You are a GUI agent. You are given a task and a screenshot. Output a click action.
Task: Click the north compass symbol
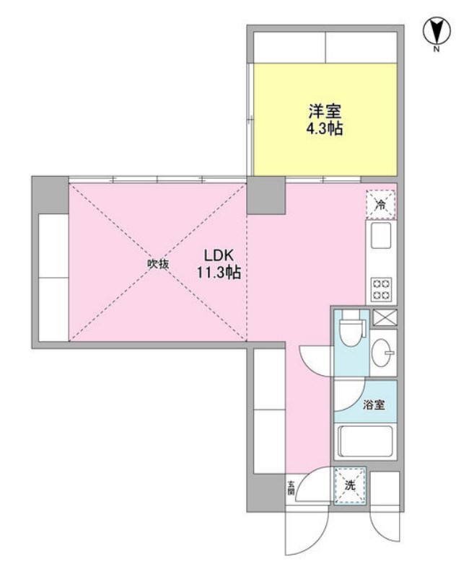(436, 30)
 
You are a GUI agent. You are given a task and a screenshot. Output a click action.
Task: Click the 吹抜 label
(158, 264)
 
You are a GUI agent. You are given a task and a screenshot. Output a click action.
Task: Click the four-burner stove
(380, 289)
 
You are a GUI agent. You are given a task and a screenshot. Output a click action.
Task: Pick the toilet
(351, 332)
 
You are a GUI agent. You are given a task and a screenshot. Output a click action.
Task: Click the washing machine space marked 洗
(351, 485)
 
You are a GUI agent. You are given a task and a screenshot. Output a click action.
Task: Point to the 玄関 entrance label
(291, 488)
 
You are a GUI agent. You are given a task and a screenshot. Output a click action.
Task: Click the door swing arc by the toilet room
(315, 357)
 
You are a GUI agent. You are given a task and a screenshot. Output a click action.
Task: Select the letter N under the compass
(437, 50)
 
